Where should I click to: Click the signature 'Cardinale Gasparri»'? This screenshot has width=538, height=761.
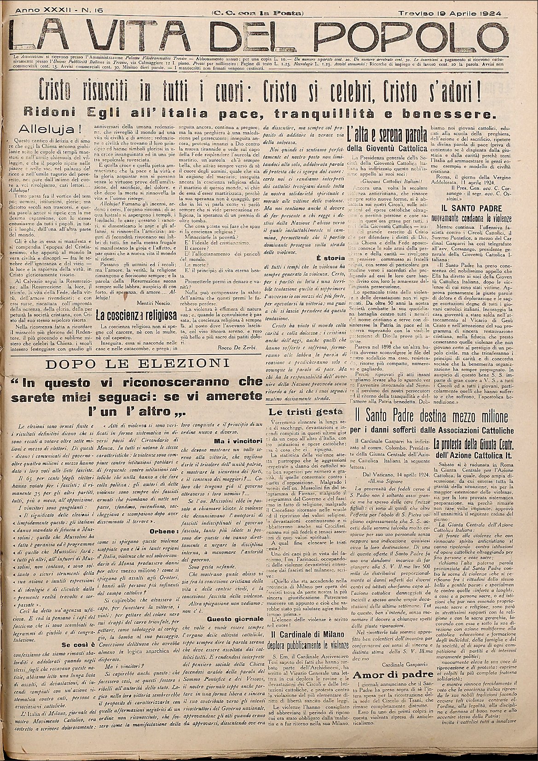[399, 664]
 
